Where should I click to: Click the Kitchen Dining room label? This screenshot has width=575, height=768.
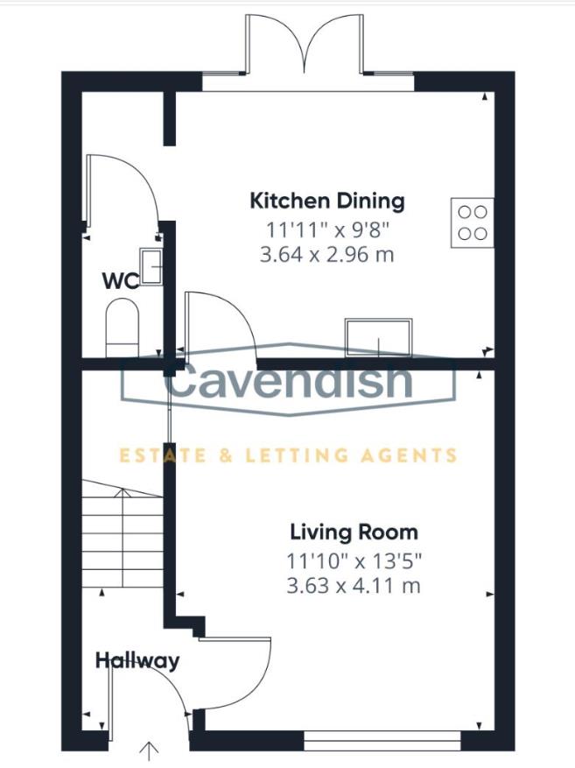[327, 201]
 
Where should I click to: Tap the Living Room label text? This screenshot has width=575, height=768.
[354, 532]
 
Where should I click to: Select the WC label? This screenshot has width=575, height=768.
[121, 281]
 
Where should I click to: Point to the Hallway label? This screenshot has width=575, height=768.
[137, 660]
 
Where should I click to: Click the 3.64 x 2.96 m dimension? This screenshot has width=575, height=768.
[327, 256]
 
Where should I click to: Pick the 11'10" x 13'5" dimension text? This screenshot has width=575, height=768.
[354, 560]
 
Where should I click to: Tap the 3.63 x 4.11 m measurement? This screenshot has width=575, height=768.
[354, 586]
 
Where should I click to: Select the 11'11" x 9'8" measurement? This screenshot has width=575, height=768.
[327, 229]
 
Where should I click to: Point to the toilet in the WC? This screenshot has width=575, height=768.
[122, 328]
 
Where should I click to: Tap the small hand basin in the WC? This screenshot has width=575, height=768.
[151, 266]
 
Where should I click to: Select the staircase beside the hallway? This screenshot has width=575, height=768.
[123, 539]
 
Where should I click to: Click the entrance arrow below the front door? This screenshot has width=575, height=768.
[150, 750]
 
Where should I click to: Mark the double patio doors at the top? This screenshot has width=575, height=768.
[304, 48]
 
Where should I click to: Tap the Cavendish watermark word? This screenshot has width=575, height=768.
[288, 382]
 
